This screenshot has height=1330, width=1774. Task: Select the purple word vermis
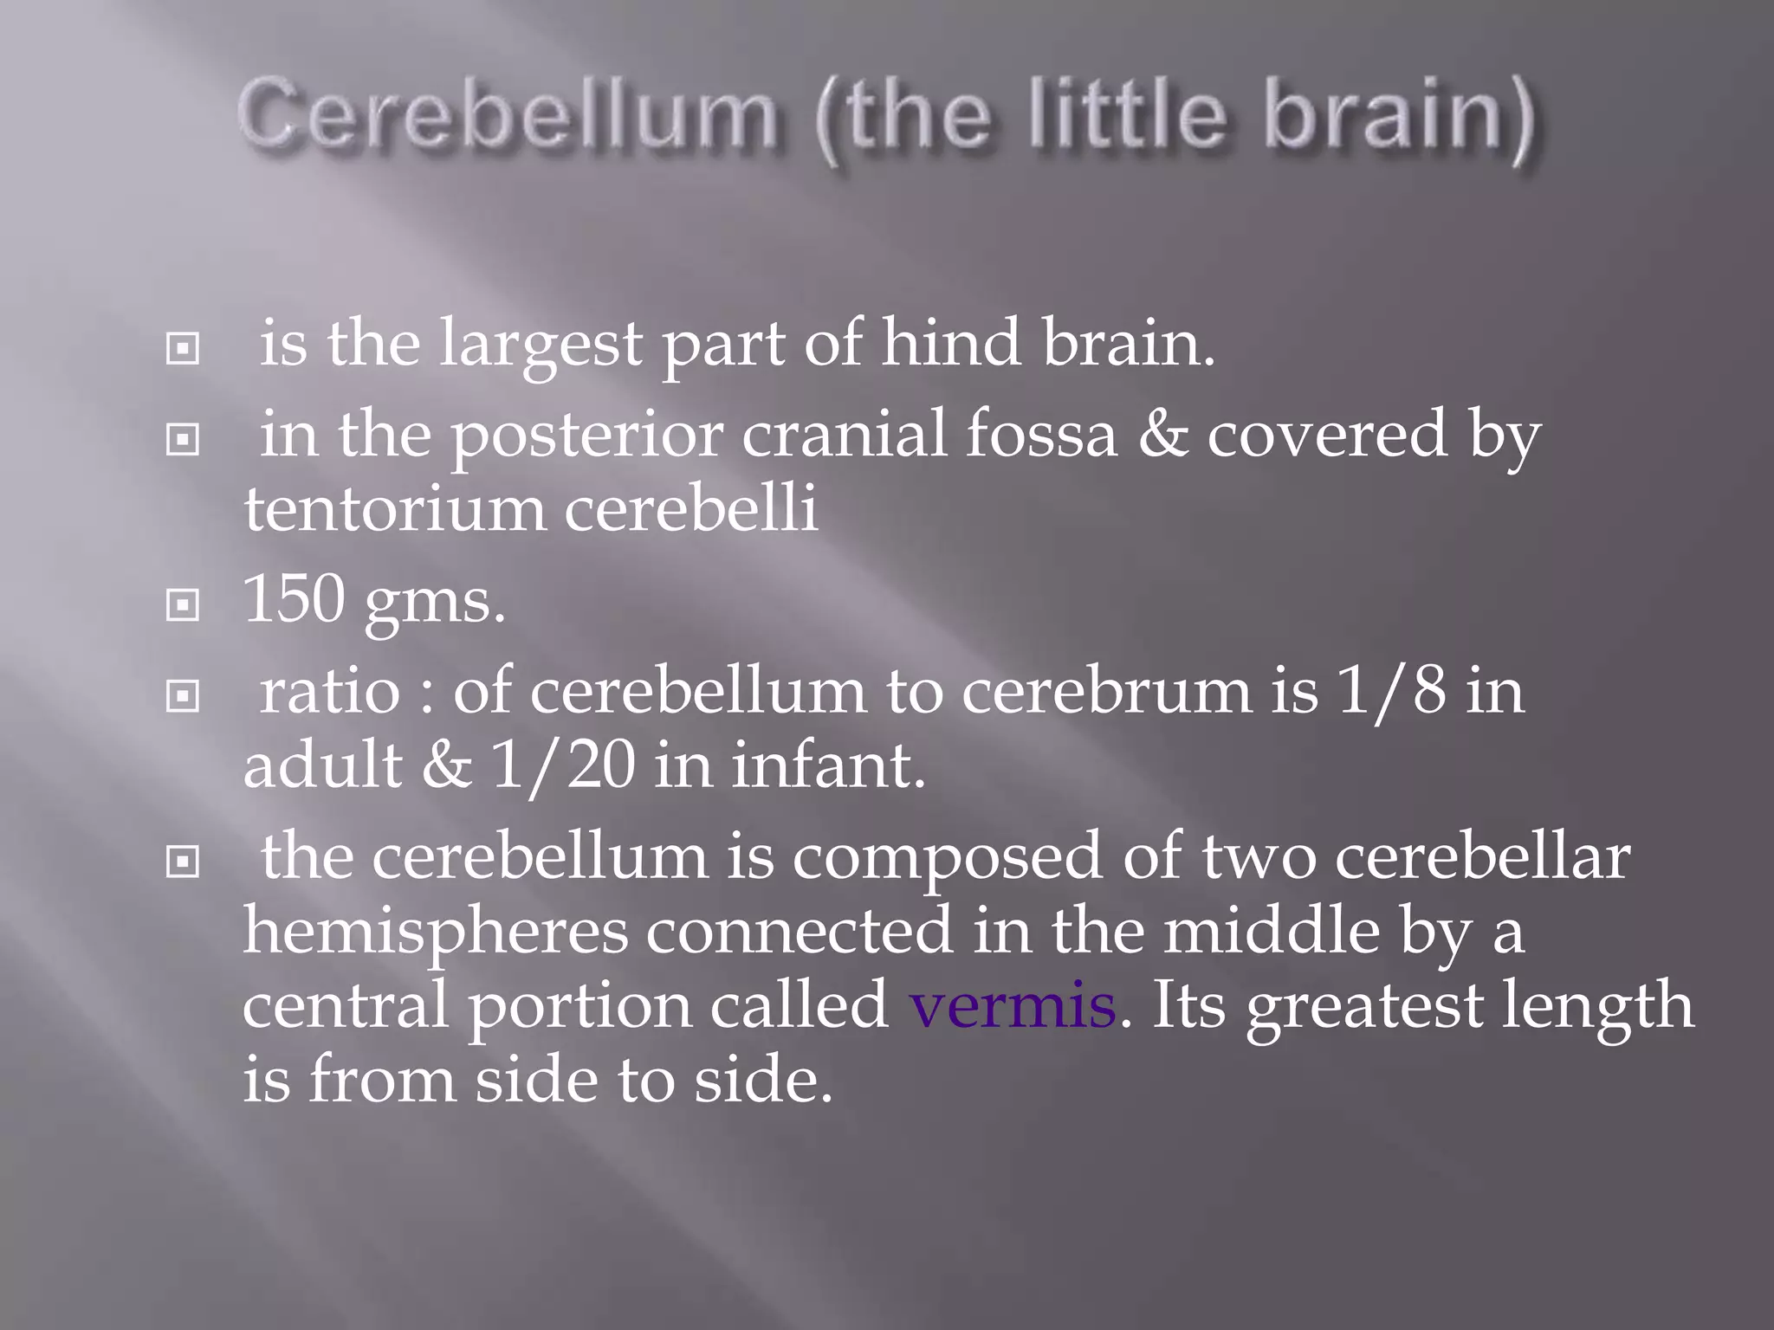(1012, 1006)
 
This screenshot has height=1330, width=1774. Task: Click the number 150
(295, 598)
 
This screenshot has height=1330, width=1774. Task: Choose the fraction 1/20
(563, 765)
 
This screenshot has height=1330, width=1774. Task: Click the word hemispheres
(435, 932)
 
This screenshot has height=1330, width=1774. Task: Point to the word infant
(828, 765)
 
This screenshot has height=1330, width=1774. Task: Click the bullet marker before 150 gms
(183, 605)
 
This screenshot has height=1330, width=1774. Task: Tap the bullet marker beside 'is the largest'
(183, 349)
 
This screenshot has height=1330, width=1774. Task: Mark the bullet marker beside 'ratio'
(183, 695)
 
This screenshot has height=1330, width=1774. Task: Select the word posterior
(587, 436)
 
